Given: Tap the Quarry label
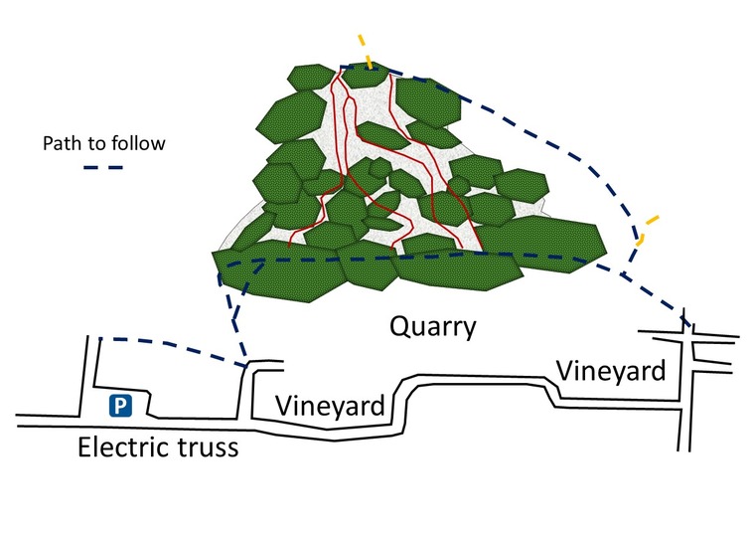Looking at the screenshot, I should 432,326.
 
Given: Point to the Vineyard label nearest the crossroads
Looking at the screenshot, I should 609,370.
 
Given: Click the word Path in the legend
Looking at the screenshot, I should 60,143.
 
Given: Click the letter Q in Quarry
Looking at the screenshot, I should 399,326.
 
